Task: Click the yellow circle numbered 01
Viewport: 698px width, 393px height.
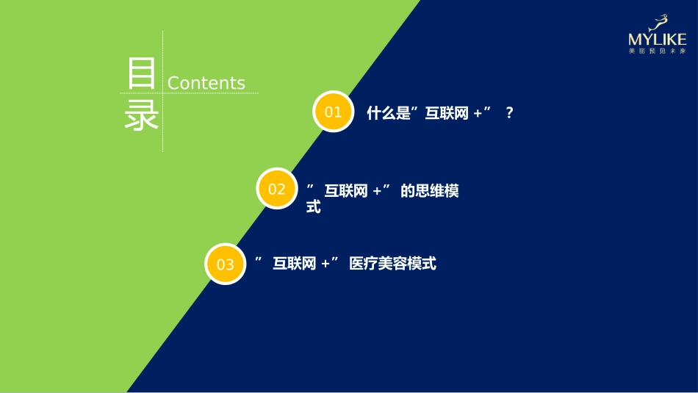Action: [x=334, y=112]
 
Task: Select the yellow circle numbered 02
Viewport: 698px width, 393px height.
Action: [x=277, y=189]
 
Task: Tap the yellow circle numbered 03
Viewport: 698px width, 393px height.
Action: [x=226, y=264]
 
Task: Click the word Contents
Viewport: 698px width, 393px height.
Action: [x=206, y=83]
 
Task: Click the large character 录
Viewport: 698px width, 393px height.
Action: [x=141, y=115]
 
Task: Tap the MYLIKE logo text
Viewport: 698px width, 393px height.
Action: [x=657, y=40]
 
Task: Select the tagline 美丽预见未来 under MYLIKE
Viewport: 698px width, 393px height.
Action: [x=657, y=51]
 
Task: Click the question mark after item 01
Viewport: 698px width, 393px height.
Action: [x=509, y=113]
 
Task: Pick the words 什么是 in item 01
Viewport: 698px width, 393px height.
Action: [x=388, y=113]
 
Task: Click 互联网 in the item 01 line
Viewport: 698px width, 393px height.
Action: [x=447, y=113]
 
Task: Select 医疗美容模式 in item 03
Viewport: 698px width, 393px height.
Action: [x=393, y=263]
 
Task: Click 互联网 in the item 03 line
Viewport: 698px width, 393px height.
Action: [x=294, y=263]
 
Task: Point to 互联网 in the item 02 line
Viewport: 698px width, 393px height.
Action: [x=346, y=191]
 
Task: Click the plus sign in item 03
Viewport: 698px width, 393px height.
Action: [x=325, y=264]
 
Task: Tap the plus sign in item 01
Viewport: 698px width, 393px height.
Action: [x=478, y=114]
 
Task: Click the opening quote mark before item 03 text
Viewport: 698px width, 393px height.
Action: [x=259, y=259]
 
